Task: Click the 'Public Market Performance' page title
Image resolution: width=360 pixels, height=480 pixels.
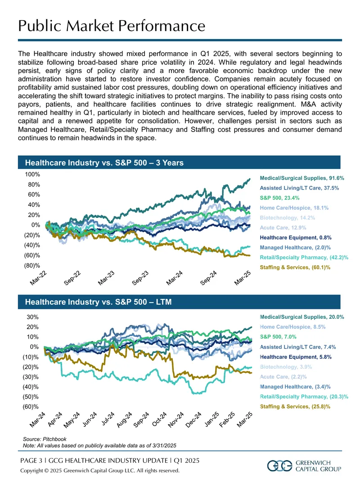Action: point(112,26)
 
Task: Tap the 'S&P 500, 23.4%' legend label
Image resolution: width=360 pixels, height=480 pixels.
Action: point(279,198)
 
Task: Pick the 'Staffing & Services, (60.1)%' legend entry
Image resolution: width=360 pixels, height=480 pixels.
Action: point(295,267)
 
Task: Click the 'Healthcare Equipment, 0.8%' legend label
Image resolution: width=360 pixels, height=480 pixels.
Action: point(296,238)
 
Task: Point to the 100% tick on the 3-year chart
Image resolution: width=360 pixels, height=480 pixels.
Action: point(32,175)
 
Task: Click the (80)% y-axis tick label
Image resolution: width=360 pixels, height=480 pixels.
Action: point(32,265)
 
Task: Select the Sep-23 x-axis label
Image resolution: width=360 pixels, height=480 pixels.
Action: point(140,278)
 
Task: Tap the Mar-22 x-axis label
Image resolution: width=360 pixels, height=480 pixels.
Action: point(38,278)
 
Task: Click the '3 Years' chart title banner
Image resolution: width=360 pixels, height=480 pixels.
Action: point(179,163)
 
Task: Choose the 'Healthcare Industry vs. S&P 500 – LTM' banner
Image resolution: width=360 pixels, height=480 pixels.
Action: point(179,302)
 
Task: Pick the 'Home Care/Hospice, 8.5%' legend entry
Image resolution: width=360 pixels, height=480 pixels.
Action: point(292,326)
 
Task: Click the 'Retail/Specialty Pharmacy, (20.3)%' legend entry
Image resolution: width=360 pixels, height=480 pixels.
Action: point(304,396)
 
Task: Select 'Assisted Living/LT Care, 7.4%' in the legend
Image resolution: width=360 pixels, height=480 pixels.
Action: point(297,347)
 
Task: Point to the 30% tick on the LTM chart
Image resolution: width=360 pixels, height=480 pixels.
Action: point(33,317)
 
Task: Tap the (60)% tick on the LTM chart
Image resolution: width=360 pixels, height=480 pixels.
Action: point(31,407)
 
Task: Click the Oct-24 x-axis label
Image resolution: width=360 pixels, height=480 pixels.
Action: point(159,419)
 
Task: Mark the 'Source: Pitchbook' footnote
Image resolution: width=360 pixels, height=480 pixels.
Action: point(45,439)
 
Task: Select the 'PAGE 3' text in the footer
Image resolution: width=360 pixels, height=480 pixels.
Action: point(31,460)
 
